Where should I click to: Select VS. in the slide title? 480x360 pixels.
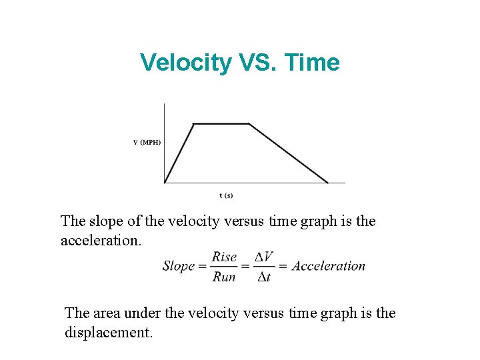(x=257, y=63)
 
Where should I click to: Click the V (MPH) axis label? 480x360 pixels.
(x=147, y=142)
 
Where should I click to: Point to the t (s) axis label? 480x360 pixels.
(x=226, y=195)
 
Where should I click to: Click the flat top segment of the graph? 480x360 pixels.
(x=221, y=123)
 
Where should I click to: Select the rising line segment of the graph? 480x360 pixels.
(x=179, y=153)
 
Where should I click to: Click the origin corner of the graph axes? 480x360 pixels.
(x=164, y=183)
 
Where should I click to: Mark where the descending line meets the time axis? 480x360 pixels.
(x=329, y=183)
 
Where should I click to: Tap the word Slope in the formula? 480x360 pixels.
(x=179, y=266)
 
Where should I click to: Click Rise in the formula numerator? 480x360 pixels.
(x=225, y=257)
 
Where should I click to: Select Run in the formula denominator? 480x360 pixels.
(x=224, y=276)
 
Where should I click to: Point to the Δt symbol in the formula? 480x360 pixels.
(x=264, y=276)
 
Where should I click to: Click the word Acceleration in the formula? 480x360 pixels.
(x=329, y=266)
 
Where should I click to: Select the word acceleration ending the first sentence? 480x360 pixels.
(x=99, y=240)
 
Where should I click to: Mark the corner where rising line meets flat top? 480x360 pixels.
(x=193, y=123)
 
